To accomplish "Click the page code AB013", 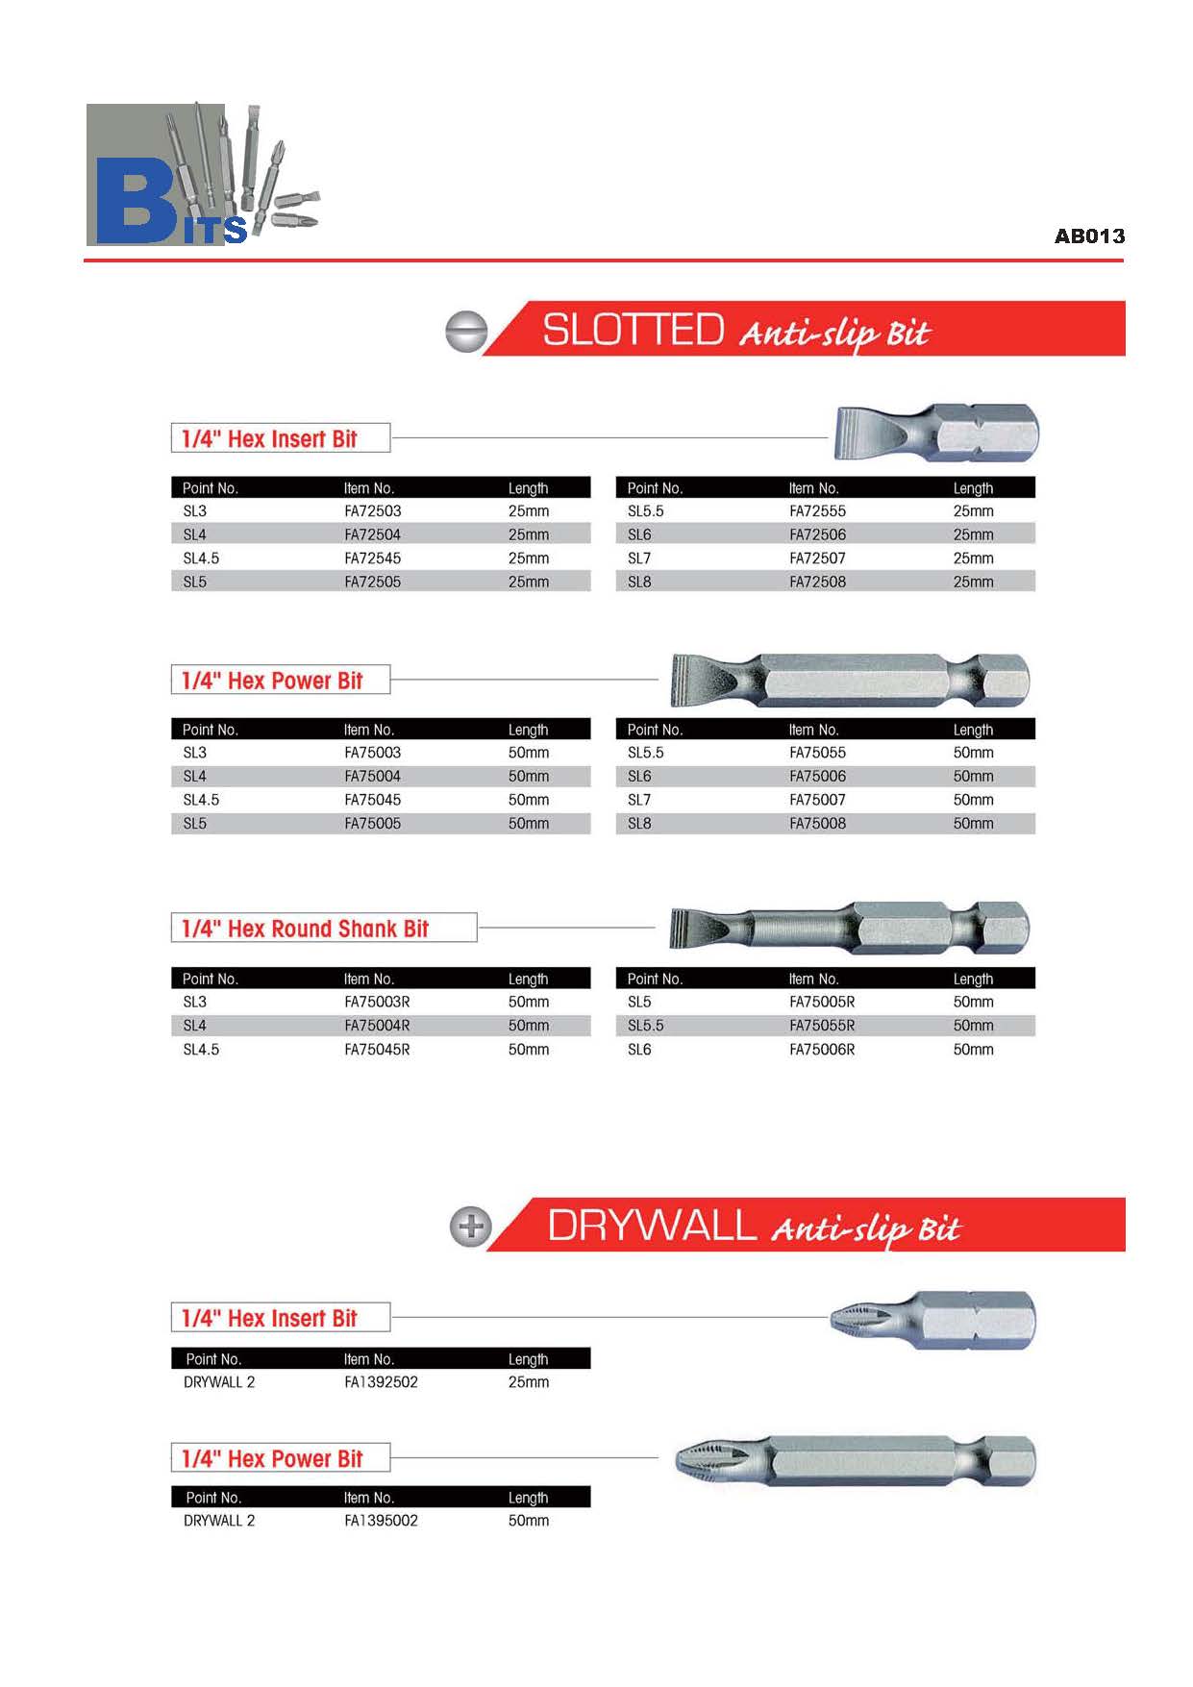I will [x=1088, y=236].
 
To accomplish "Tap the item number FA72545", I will [x=372, y=558].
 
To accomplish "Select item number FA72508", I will [x=817, y=582].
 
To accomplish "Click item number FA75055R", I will [x=821, y=1026].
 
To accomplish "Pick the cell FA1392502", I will [x=381, y=1382].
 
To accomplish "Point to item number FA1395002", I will [x=381, y=1521].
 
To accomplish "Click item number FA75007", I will [x=817, y=800].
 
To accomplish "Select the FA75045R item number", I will [x=377, y=1050].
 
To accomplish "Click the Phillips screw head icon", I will [x=471, y=1227].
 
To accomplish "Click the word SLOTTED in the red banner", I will [x=633, y=331].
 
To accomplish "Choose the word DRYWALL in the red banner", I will [x=652, y=1227].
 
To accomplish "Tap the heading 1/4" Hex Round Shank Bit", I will [x=305, y=929].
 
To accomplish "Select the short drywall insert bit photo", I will [x=932, y=1319].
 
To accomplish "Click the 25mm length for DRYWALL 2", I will [x=528, y=1382].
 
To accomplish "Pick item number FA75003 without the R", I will [x=372, y=753].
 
